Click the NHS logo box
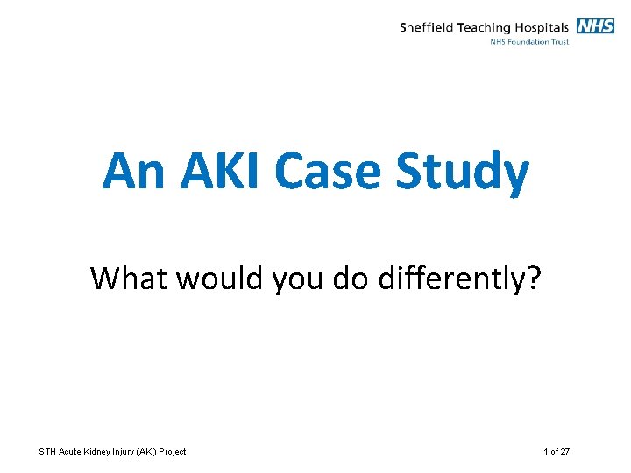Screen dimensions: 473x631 (595, 26)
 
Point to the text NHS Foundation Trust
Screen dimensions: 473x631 (528, 42)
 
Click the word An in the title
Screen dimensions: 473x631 (133, 172)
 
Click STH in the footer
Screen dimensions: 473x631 (47, 452)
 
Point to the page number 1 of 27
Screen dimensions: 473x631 (557, 452)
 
